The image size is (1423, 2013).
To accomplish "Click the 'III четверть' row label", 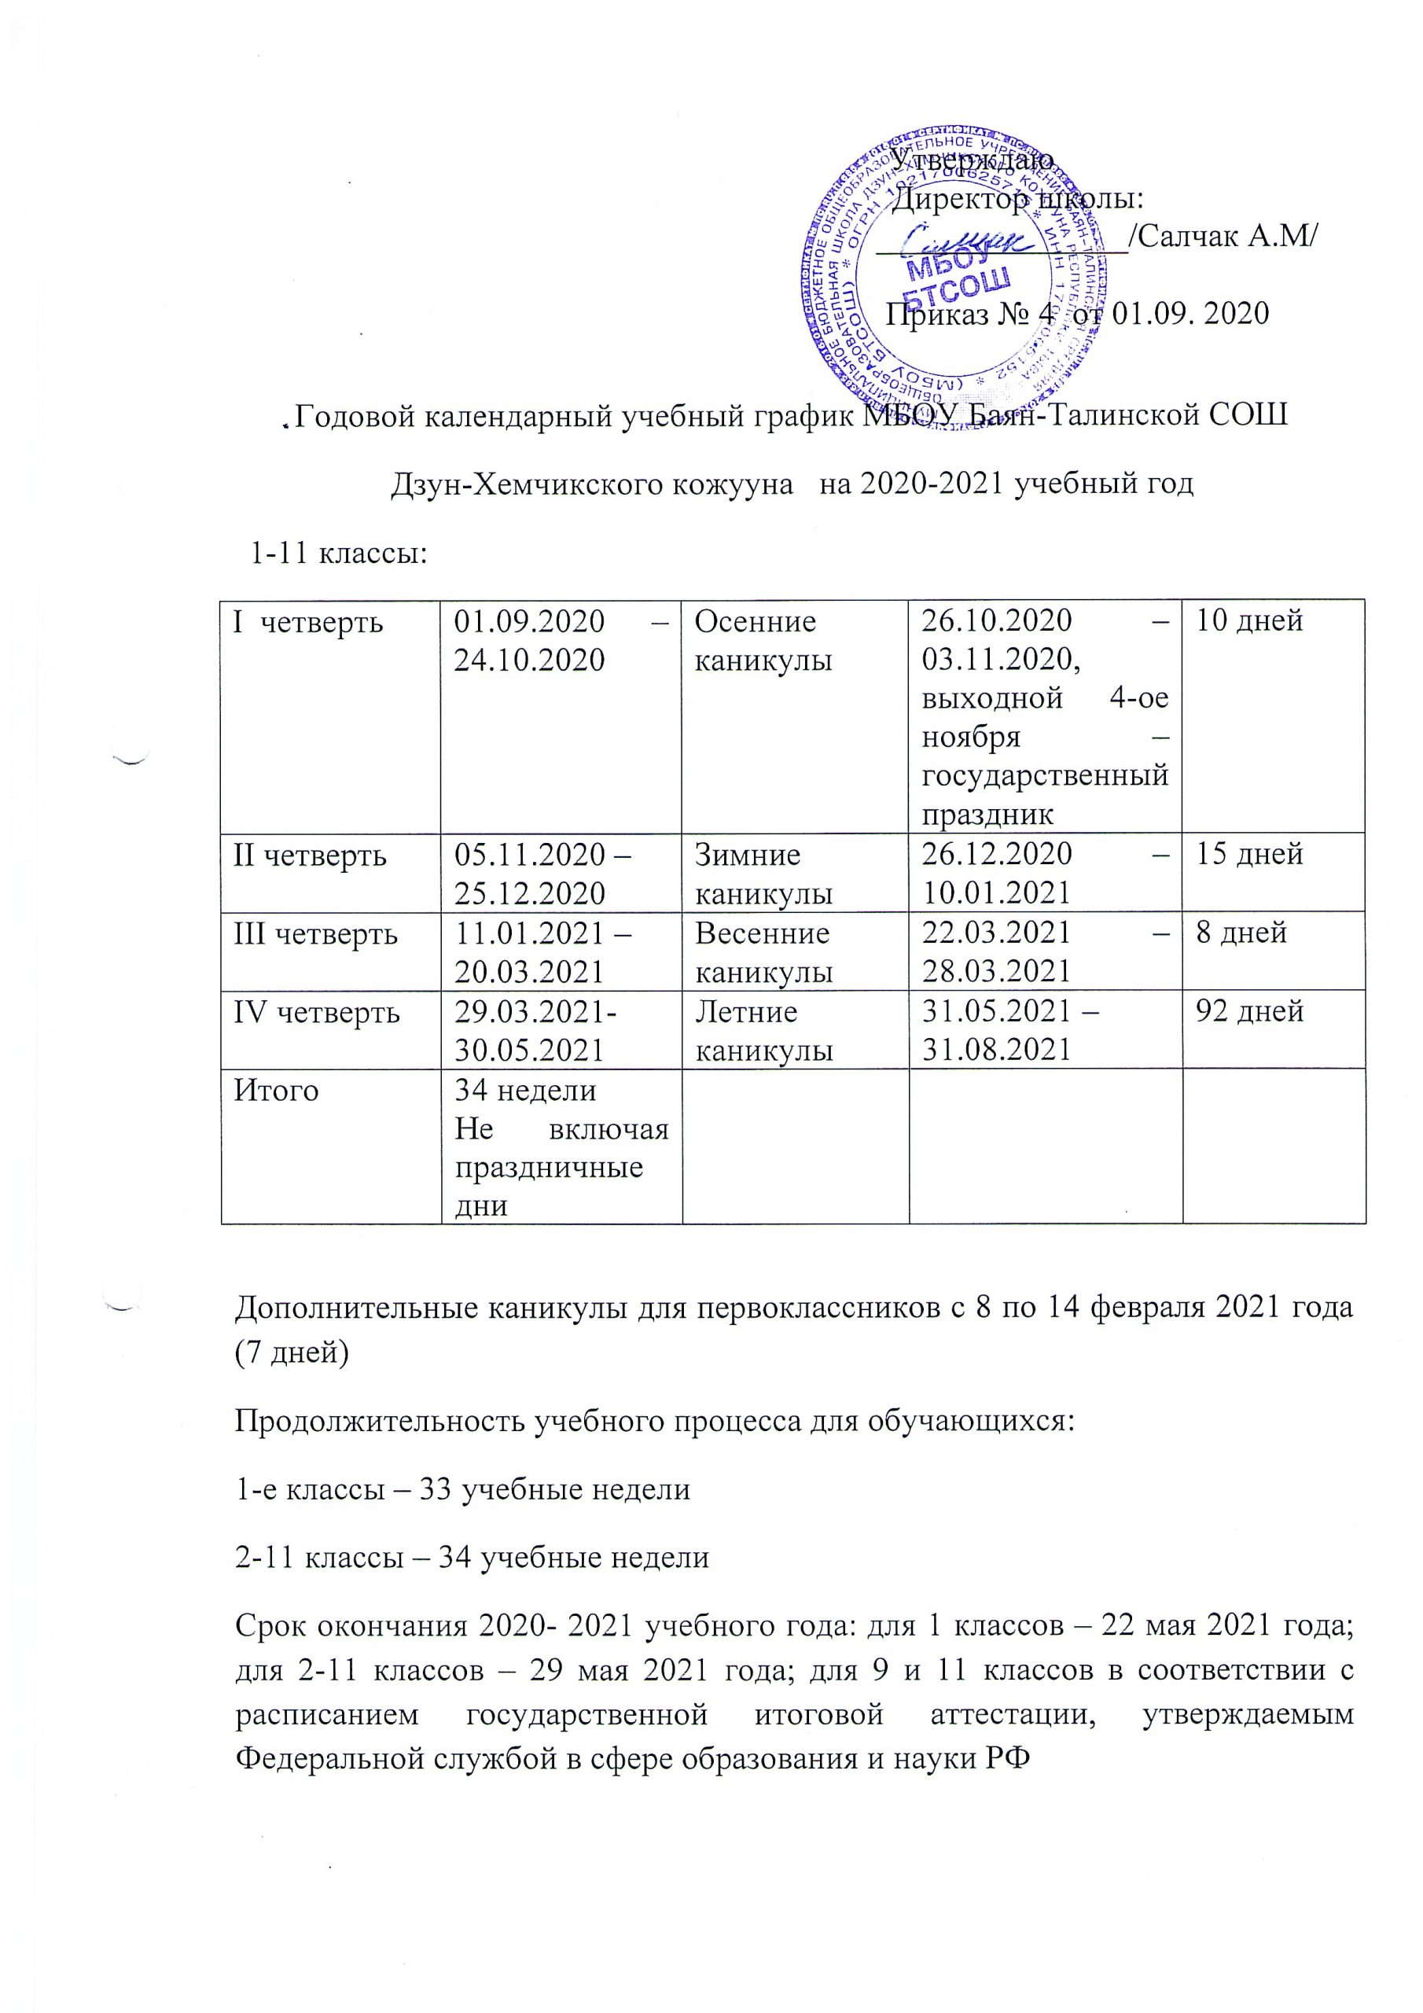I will tap(314, 933).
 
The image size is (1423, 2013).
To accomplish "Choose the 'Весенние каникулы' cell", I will tap(763, 951).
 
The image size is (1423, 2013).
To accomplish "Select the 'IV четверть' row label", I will tap(315, 1013).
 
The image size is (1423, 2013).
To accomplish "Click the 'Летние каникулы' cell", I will tap(763, 1030).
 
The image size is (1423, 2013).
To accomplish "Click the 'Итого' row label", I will tap(275, 1091).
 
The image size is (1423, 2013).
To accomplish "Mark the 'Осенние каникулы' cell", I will tap(763, 640).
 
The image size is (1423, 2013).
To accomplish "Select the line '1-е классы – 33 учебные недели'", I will tap(463, 1489).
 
